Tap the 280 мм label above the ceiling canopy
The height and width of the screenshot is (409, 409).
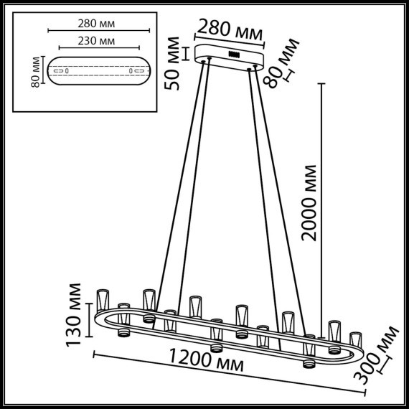click(x=230, y=31)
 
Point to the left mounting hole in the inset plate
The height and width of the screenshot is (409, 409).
click(x=66, y=72)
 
